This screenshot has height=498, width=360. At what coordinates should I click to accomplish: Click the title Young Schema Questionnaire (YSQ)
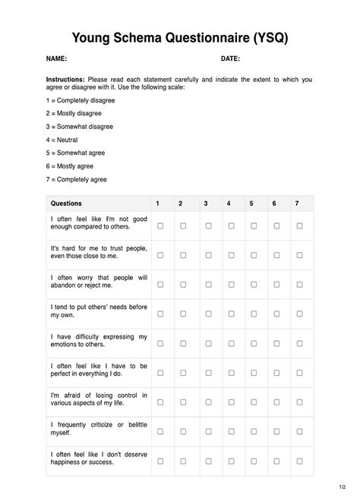tap(180, 37)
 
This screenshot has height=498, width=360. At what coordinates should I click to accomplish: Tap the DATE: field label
tap(230, 59)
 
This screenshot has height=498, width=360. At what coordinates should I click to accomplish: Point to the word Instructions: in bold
tap(65, 79)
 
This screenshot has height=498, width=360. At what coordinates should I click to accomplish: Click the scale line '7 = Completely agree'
tap(77, 180)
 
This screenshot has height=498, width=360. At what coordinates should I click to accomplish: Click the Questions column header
tap(66, 203)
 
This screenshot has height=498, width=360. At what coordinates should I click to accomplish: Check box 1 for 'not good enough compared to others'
tap(160, 226)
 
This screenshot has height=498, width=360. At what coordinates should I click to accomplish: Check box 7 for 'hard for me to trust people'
tap(299, 256)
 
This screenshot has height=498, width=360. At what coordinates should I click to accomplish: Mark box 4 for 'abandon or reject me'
tap(230, 285)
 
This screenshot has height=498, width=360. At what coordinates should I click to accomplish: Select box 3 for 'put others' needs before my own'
tap(207, 314)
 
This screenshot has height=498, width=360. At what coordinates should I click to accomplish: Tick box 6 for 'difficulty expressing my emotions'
tap(276, 343)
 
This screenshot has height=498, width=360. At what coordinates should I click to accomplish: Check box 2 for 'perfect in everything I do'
tap(183, 373)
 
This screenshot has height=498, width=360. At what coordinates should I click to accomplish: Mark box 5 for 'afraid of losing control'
tap(253, 402)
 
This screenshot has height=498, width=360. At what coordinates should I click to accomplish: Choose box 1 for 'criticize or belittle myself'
tap(160, 431)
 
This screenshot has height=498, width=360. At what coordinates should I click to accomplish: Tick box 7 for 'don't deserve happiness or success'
tap(299, 461)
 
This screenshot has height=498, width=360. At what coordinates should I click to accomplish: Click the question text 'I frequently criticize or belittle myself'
tap(98, 428)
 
